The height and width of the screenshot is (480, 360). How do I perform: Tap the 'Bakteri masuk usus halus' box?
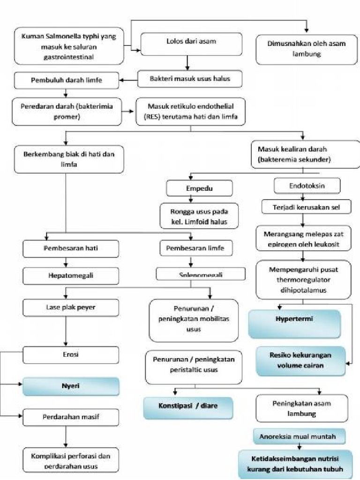[x=190, y=79]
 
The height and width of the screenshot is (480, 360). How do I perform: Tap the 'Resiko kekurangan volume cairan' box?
[x=300, y=361]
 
